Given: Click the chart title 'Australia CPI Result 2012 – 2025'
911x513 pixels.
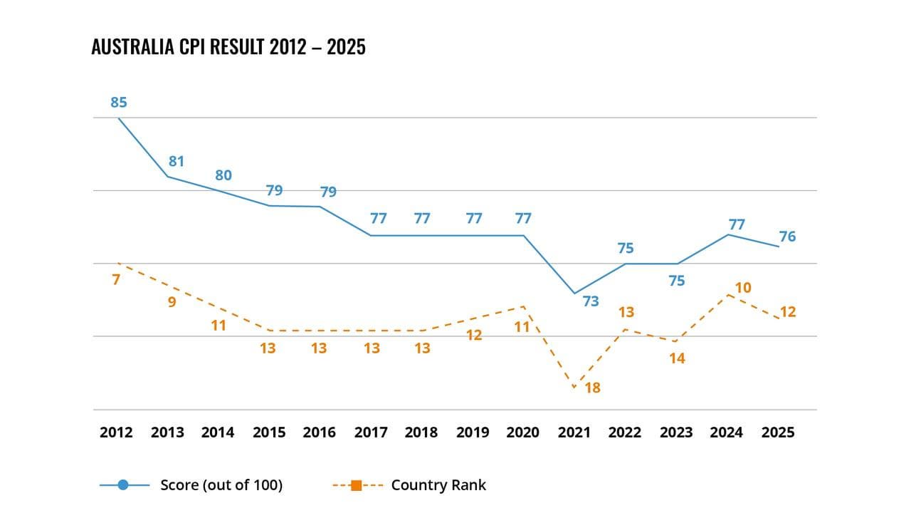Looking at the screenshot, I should coord(228,47).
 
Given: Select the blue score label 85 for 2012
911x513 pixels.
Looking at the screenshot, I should coord(119,103).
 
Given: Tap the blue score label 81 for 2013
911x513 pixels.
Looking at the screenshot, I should coord(177,162).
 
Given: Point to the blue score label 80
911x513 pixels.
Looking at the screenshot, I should coord(223,175).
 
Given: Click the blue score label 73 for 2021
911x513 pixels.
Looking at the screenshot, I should coord(591,301).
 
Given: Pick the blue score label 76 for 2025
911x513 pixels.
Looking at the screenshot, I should coord(787,237).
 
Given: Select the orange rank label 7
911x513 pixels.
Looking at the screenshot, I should coord(116,280).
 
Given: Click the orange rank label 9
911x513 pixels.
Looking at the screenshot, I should coord(172,301).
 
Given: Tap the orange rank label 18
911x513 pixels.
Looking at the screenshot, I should coord(592,388).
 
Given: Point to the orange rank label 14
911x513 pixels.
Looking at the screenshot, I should coord(677,358).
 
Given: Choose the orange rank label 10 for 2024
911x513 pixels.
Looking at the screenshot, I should coord(743,288).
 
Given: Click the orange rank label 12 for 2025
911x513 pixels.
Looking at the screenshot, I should coord(787,312).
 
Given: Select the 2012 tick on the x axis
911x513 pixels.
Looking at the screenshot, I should coord(116,432).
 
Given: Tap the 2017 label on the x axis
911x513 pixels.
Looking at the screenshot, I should coord(371,432).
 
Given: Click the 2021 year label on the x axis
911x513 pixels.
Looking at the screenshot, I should coord(574,432).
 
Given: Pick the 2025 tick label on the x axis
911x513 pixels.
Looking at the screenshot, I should coord(778,432).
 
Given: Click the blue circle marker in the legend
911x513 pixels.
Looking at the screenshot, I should coord(123,485).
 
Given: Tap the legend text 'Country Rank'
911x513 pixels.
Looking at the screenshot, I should coord(438,485).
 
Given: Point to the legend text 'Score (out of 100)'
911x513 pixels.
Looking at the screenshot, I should coord(221,485).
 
